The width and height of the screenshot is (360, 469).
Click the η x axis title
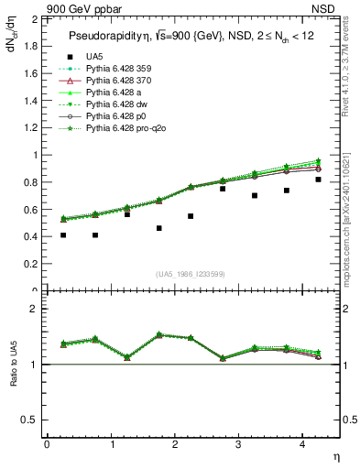click(x=335, y=455)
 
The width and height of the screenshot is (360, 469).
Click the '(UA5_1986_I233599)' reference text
click(x=191, y=274)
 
